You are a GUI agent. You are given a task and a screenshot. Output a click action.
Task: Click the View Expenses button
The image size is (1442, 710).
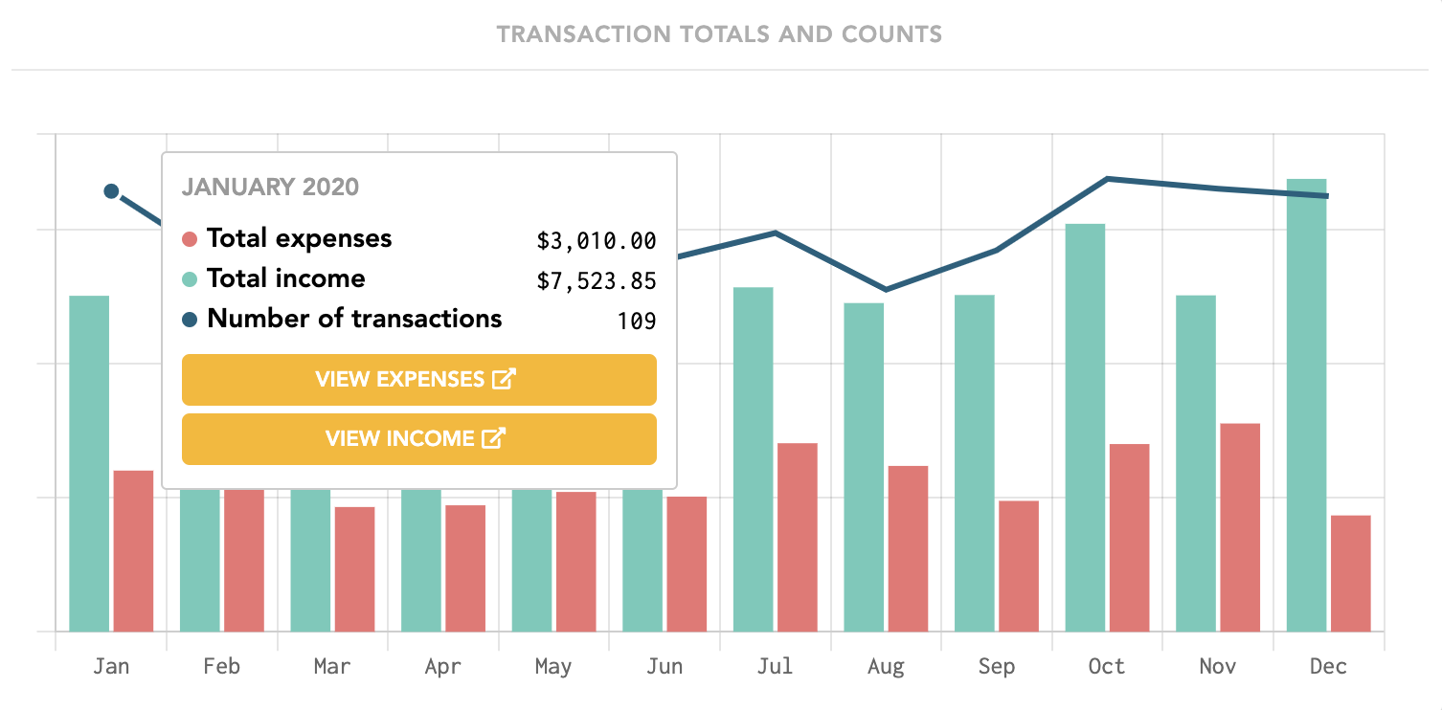pos(418,380)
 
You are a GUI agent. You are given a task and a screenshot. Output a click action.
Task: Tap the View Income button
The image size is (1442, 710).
pos(418,439)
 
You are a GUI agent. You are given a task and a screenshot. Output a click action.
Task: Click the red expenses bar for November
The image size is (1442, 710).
pos(1240,527)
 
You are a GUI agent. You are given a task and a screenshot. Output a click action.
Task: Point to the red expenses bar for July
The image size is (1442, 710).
pos(798,537)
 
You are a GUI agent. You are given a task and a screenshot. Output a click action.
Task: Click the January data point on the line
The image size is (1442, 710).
pos(111,191)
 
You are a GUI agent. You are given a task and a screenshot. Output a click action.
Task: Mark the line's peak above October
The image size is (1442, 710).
pos(1107,179)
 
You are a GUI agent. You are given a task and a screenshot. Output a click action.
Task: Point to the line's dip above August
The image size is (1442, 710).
pos(887,289)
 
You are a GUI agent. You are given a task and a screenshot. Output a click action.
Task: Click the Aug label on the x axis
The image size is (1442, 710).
pos(886,667)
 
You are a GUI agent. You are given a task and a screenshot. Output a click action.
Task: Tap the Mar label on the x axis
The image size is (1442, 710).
pos(332,667)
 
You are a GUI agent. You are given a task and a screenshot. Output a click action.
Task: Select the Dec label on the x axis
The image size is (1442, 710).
pos(1328,667)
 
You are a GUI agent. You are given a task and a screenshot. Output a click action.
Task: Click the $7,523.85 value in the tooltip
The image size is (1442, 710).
pos(596,281)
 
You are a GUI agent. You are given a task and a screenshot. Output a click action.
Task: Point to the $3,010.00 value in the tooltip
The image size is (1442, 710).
pos(596,241)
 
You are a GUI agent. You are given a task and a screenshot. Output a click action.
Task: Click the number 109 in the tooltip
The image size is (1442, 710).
pos(636,322)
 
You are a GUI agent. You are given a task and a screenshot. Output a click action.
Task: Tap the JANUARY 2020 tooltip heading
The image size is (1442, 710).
pos(270,187)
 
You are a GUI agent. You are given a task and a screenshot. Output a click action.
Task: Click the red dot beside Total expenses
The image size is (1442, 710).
pos(190,239)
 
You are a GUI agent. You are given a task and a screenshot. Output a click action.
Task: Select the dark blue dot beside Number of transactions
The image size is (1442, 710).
pos(190,320)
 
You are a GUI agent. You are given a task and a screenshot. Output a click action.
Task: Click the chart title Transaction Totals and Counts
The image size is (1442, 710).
pos(720,35)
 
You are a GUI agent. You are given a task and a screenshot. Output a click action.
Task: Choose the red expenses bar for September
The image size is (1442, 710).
pos(1019,566)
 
